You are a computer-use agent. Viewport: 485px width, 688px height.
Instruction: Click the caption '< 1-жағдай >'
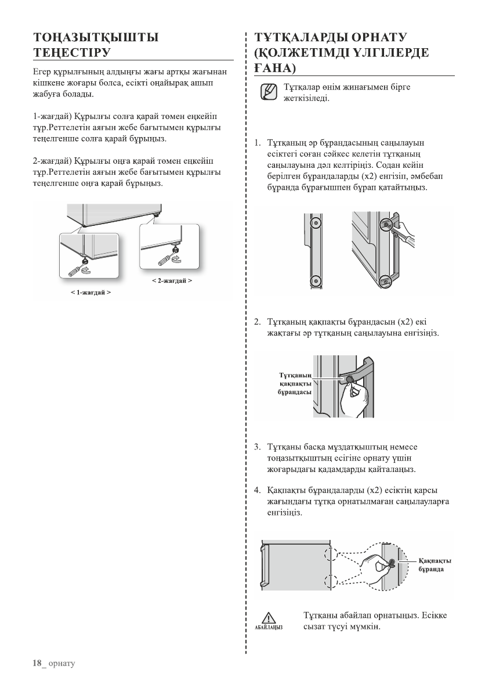tap(91, 293)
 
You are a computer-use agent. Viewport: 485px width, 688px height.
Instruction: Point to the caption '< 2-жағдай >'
tap(172, 280)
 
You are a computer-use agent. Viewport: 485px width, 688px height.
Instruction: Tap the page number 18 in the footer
tap(38, 662)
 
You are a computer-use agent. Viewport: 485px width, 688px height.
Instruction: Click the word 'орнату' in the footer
tap(62, 663)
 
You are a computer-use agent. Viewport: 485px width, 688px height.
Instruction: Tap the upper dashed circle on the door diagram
tap(328, 552)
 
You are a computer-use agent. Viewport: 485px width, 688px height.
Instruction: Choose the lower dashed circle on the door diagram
tap(328, 582)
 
